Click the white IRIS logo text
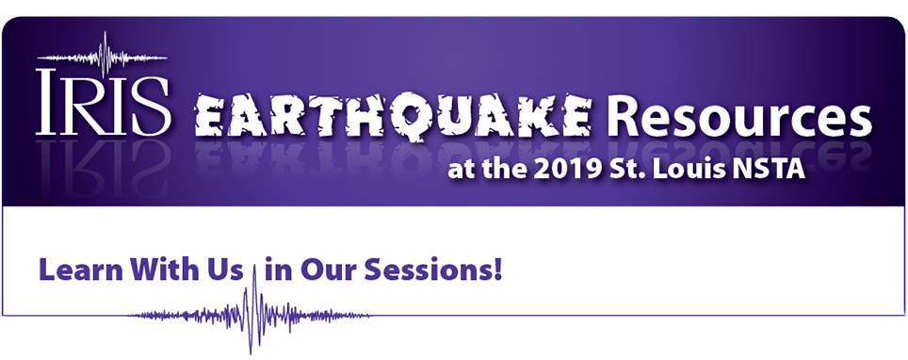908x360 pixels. [x=103, y=102]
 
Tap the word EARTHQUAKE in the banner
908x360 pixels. [x=393, y=118]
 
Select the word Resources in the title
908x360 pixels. [x=737, y=116]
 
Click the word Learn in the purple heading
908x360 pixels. [x=80, y=270]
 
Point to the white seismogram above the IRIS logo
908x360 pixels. [x=103, y=57]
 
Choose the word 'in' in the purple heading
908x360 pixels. [x=279, y=270]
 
